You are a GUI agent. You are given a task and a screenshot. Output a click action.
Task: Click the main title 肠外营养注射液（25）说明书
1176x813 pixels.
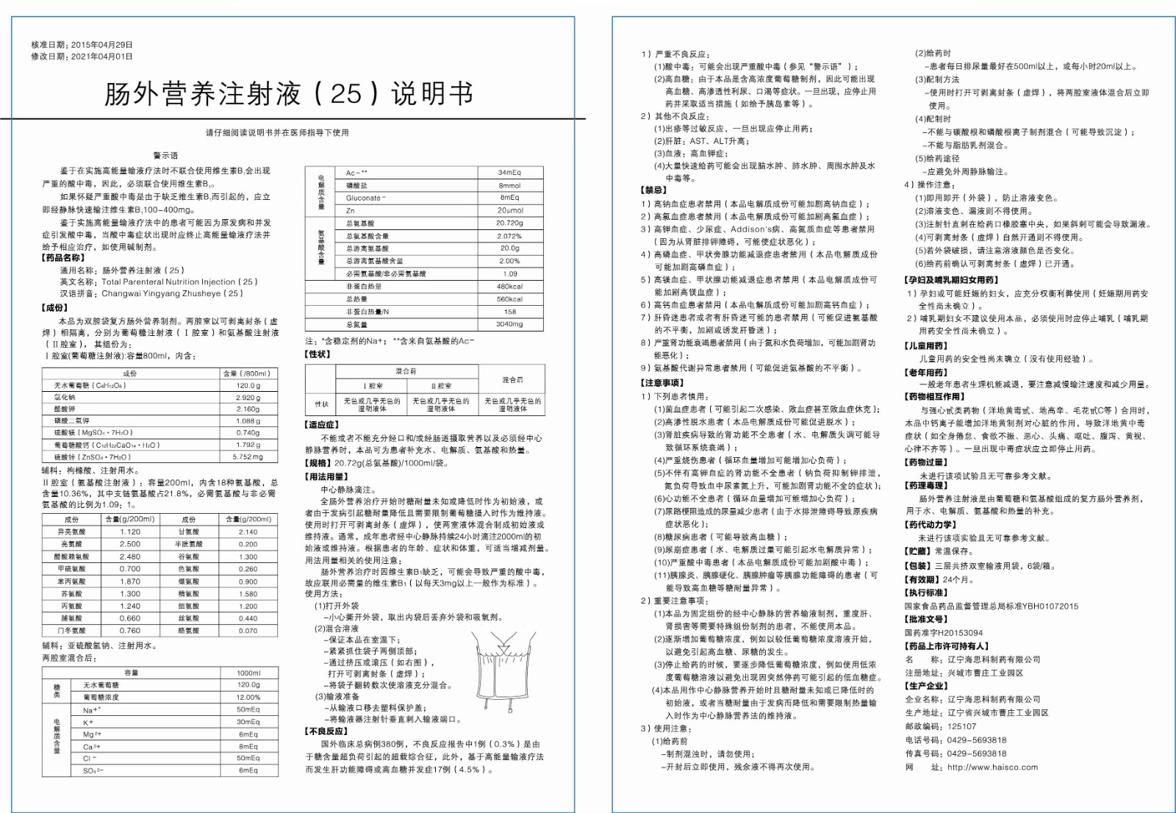pos(289,94)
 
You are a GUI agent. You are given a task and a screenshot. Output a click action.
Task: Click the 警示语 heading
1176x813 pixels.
pos(165,156)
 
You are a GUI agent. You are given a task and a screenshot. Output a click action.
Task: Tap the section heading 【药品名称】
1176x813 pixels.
pos(63,258)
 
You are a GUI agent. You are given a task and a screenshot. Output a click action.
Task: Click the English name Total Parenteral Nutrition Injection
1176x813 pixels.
pos(179,282)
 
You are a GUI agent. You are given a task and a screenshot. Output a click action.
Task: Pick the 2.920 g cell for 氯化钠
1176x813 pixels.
pos(248,398)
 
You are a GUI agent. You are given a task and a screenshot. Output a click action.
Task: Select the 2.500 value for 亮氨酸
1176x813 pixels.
pos(130,544)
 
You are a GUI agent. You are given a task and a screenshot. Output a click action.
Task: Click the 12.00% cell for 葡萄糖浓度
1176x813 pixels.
pos(248,697)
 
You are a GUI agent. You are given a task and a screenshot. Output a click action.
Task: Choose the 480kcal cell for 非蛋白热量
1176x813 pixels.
pos(509,287)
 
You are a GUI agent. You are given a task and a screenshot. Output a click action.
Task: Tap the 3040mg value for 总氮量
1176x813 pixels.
pos(509,324)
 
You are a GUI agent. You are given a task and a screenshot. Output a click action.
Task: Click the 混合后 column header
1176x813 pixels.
pos(512,380)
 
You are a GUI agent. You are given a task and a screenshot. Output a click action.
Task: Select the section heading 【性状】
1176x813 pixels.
pos(318,354)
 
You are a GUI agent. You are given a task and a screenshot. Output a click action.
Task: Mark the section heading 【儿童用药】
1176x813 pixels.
pos(926,345)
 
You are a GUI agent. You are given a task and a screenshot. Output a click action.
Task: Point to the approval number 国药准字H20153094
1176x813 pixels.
pos(943,633)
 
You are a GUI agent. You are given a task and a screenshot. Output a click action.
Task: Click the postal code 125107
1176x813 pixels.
pos(961,726)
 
